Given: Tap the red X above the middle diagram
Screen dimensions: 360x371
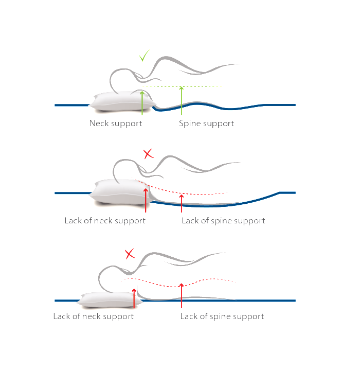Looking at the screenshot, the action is point(149,154).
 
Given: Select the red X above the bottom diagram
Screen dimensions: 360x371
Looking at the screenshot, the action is point(130,254).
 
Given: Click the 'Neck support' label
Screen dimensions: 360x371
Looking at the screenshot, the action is point(116,123).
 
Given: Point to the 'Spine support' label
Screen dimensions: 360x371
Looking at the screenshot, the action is point(206,123).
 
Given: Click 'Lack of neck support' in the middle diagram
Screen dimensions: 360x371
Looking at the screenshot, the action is point(105,221).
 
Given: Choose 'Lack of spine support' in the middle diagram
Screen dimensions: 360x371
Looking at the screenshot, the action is point(223,221).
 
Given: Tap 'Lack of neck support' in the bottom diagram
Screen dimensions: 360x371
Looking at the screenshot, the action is point(94,316).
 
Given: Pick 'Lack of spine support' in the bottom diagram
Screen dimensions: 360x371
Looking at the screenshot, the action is point(222,316).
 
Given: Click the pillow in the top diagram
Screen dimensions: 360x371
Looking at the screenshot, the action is point(122,101).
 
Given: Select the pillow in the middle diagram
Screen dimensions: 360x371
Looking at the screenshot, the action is point(121,191).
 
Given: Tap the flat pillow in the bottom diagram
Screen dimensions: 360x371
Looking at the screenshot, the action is point(109,300).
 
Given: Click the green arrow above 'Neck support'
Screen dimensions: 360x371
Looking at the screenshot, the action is point(142,103).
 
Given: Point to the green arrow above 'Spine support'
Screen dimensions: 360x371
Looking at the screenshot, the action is point(182,100).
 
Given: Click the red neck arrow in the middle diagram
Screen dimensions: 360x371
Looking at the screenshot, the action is point(146,200).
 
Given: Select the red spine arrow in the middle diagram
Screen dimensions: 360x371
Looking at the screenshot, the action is point(182,203).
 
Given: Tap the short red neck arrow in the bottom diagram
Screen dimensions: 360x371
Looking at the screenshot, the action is point(134,298).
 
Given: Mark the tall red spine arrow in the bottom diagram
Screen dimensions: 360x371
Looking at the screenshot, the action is point(182,295).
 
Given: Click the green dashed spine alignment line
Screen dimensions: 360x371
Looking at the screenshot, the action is point(182,86).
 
